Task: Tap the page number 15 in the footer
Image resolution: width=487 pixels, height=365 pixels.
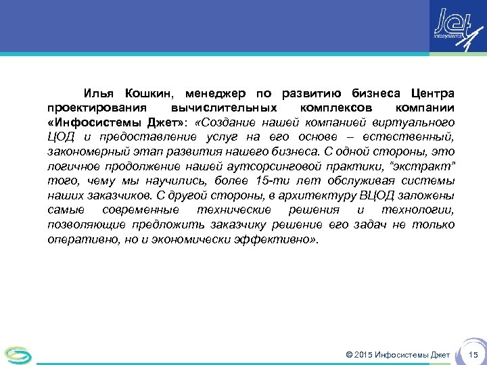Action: (x=473, y=355)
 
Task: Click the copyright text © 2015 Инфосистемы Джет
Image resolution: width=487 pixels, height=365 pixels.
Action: (x=397, y=355)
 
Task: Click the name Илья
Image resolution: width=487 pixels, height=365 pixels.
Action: (x=99, y=93)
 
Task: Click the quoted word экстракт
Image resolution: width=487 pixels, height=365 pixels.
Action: (x=426, y=166)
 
